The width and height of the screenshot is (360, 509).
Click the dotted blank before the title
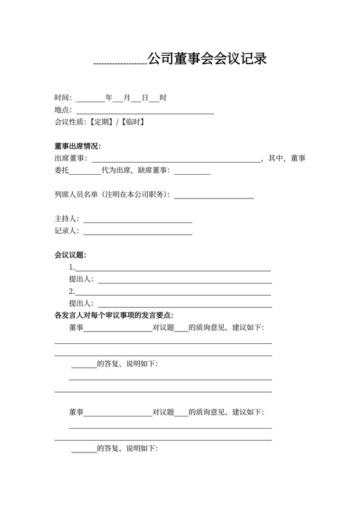click(x=120, y=63)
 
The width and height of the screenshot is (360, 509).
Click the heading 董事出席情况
click(x=78, y=146)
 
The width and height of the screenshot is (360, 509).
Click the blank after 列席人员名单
click(x=214, y=196)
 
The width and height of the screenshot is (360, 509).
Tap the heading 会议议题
click(x=70, y=256)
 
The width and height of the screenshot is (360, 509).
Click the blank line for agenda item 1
click(x=173, y=269)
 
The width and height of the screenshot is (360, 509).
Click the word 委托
click(x=62, y=170)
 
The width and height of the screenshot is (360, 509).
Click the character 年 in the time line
click(x=109, y=98)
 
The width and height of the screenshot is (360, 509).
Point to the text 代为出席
click(x=116, y=170)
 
